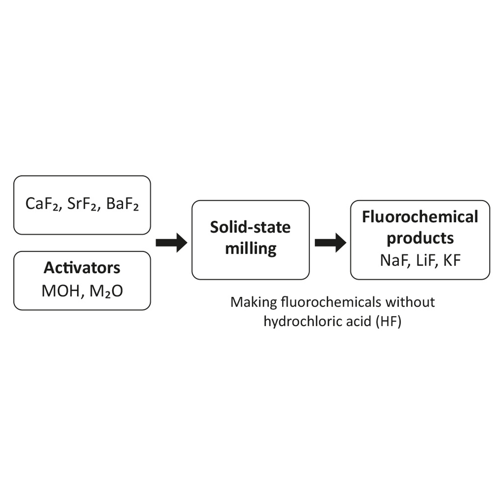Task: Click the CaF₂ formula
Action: point(42,204)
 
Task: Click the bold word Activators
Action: point(82,268)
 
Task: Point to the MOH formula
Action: point(61,291)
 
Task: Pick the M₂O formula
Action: point(106,291)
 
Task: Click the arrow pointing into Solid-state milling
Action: point(171,243)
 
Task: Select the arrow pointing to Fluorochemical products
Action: point(330,243)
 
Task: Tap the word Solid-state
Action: point(250,227)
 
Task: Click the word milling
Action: point(251,248)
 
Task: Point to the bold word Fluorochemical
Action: point(420,217)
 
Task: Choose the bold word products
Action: point(420,238)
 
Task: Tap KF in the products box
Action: point(452,260)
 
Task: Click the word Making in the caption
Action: point(254,302)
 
